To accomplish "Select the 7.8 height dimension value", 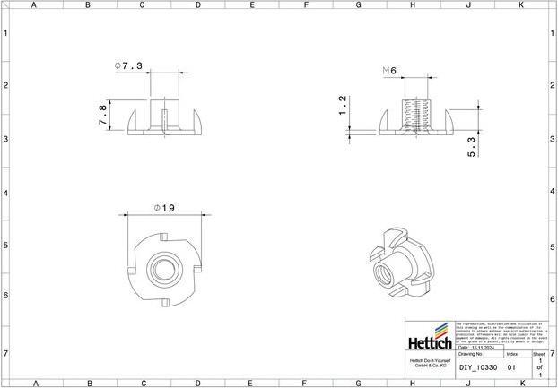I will pos(102,115).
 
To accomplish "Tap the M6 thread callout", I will pos(389,70).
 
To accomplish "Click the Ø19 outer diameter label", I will pos(164,208).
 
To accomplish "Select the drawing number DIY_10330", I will pos(477,367).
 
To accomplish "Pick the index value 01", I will pos(511,367).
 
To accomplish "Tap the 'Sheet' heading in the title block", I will pos(539,355).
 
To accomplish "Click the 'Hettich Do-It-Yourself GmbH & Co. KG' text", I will pos(429,363).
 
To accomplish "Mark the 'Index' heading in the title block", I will pos(511,355).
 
